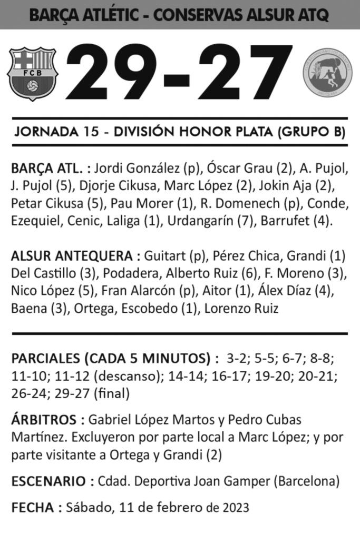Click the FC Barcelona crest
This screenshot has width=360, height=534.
click(x=32, y=73)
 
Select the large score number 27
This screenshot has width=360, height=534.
click(x=245, y=73)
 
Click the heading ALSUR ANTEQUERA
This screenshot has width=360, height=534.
click(x=72, y=256)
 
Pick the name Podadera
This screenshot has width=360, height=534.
click(x=132, y=273)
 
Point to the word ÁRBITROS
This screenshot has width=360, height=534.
click(x=44, y=420)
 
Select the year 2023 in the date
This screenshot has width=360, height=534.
click(x=235, y=508)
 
